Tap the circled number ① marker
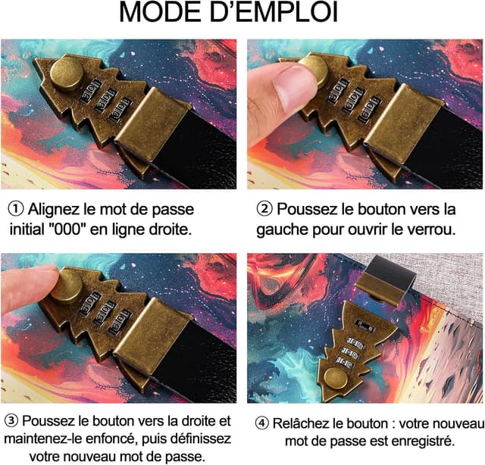pos(15,209)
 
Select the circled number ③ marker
pos(11,420)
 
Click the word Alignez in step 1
pos(58,209)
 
